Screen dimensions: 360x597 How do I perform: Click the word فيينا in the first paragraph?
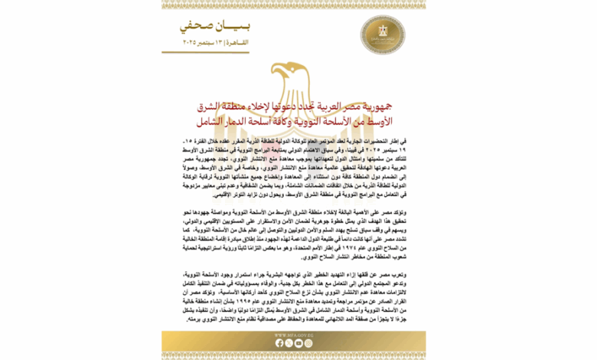coord(358,151)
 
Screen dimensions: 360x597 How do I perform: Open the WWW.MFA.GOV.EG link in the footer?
coord(298,335)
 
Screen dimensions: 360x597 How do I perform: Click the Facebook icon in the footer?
coord(279,343)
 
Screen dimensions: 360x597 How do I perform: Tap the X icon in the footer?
coord(289,343)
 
